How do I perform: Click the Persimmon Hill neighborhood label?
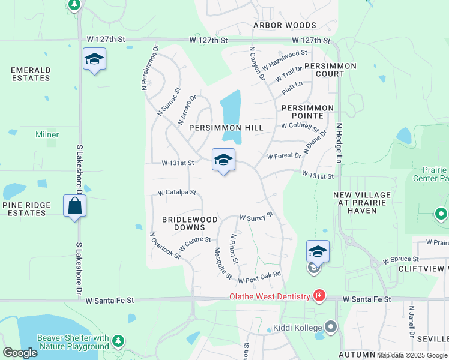pyautogui.click(x=226, y=128)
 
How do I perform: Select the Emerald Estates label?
pyautogui.click(x=30, y=74)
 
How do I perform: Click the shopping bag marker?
pyautogui.click(x=75, y=206)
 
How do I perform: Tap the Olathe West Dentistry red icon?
pyautogui.click(x=319, y=296)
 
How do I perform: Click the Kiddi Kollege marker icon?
pyautogui.click(x=331, y=327)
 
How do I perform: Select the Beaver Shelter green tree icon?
pyautogui.click(x=118, y=342)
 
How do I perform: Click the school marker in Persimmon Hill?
pyautogui.click(x=223, y=160)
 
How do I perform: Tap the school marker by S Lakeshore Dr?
pyautogui.click(x=94, y=59)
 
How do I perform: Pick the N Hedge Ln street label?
pyautogui.click(x=339, y=143)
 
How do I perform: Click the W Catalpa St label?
pyautogui.click(x=177, y=193)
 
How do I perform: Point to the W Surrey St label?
pyautogui.click(x=256, y=215)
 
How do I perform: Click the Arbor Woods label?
pyautogui.click(x=285, y=25)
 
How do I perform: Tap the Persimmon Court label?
pyautogui.click(x=330, y=70)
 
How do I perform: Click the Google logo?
pyautogui.click(x=20, y=353)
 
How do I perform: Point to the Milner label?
pyautogui.click(x=47, y=135)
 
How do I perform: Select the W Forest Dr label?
pyautogui.click(x=284, y=156)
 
